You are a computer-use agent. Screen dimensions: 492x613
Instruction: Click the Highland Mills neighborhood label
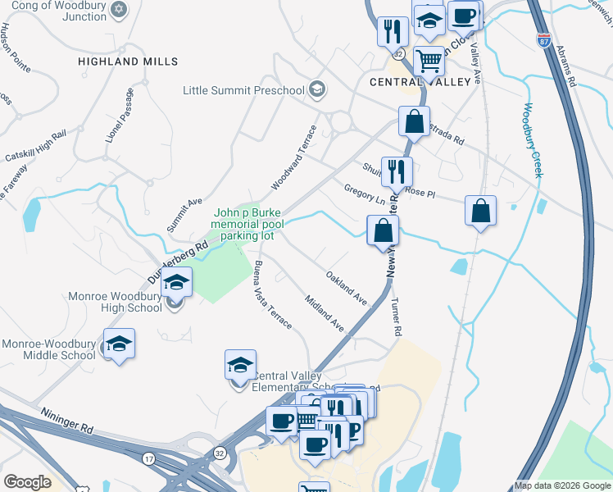[127, 61]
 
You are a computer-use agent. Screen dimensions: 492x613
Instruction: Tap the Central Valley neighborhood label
[420, 82]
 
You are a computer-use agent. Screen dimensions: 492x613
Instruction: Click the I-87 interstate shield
[543, 39]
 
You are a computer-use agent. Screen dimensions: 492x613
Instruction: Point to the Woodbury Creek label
[533, 139]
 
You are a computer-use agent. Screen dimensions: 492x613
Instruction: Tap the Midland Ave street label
[324, 312]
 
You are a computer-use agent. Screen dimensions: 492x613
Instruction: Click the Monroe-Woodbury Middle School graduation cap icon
[119, 345]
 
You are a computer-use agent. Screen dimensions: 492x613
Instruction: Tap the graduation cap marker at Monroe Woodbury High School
[175, 283]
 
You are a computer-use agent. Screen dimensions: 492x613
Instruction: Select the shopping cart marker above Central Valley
[429, 60]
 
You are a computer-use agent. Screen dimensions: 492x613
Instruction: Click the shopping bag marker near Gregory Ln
[383, 231]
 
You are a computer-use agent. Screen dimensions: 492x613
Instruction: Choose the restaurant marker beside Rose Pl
[397, 171]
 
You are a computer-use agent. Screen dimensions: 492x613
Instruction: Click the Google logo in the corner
[26, 482]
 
